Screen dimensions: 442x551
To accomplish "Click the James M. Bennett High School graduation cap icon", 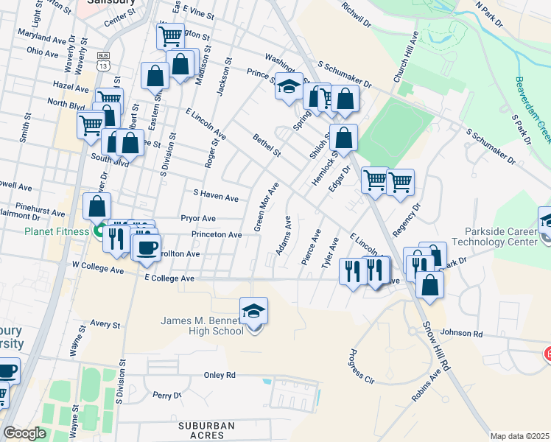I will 253,311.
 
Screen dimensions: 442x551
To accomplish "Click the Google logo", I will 24,433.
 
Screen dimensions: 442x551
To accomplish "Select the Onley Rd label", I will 220,375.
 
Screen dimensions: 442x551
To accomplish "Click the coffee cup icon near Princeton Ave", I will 146,246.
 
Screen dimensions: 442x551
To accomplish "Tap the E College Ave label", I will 169,278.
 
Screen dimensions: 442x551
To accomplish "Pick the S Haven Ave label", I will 215,197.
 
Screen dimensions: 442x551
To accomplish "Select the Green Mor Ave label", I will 267,206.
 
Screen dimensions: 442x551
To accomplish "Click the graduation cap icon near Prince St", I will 289,85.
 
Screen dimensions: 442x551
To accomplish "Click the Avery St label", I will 105,324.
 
